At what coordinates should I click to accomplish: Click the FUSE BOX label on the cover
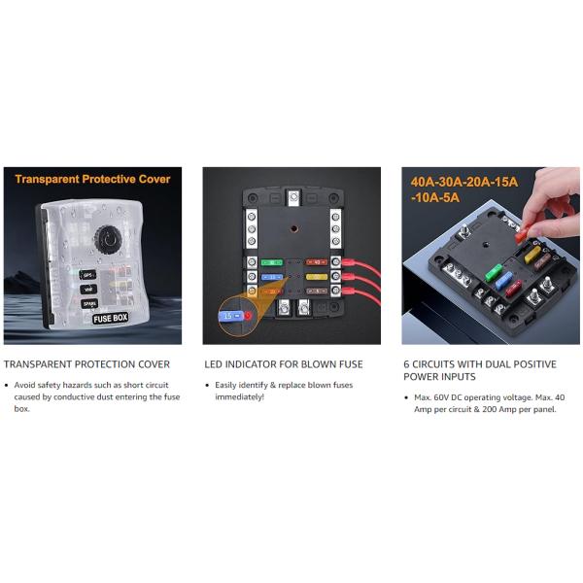(111, 318)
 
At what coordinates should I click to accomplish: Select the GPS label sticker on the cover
(87, 274)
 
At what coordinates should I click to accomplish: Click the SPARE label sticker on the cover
(88, 303)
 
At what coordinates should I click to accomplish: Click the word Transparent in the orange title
(50, 180)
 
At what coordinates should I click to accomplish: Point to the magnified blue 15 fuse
(229, 316)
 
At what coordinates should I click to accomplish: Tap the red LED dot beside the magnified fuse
(249, 316)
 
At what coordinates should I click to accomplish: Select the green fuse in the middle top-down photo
(272, 261)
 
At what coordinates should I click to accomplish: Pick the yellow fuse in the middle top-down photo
(316, 276)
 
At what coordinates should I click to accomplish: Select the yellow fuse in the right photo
(531, 255)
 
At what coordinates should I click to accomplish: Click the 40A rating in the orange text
(424, 182)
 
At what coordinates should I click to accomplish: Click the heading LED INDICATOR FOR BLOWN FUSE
(283, 364)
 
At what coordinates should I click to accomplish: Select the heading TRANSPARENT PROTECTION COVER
(86, 364)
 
